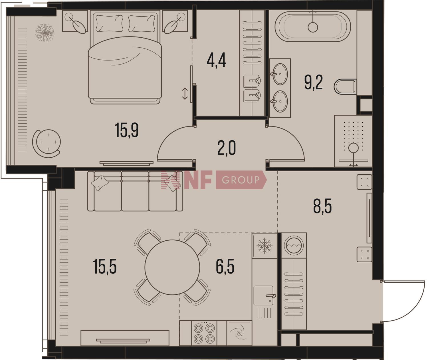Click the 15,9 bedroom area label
[126, 130]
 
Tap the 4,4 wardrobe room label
[216, 60]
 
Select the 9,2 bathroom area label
[313, 82]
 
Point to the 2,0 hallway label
[227, 148]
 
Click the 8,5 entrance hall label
[322, 206]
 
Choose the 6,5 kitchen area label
[225, 266]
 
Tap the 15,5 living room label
[104, 266]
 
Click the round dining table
[172, 267]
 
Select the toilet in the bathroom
[345, 87]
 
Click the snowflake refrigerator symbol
[265, 245]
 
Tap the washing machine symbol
[294, 245]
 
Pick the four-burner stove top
[204, 333]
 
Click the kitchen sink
[264, 295]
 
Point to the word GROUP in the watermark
[241, 180]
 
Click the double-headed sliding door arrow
[185, 94]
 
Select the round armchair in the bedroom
[47, 143]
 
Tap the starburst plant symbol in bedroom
[45, 33]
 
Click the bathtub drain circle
[313, 27]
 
